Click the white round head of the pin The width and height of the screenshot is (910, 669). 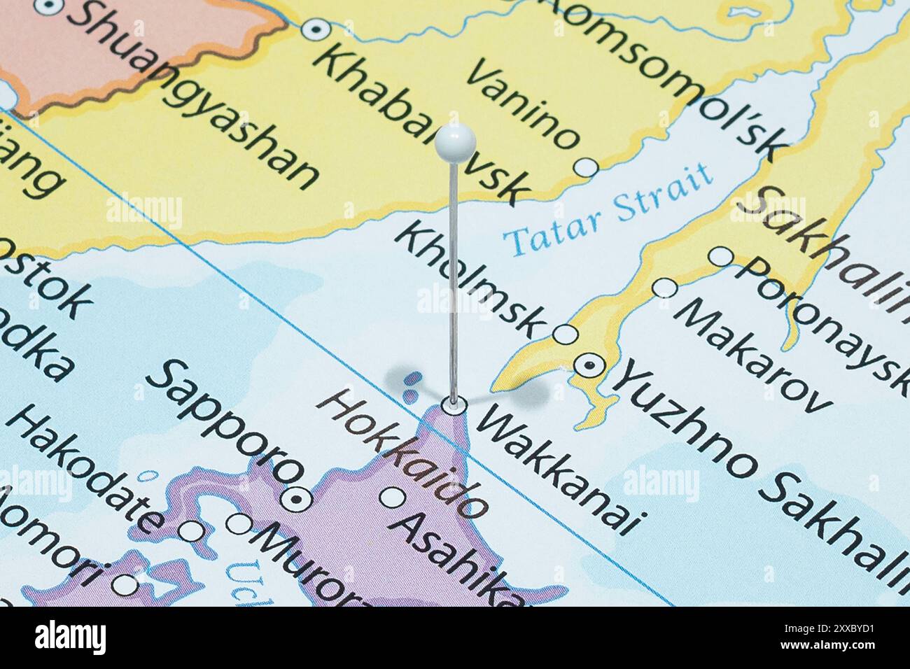coord(455,142)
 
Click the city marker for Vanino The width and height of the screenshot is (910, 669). coord(587,167)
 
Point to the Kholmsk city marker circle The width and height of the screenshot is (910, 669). coord(565,334)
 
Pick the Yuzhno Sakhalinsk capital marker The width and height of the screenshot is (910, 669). coord(587,365)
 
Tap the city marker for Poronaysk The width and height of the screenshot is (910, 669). coord(720,257)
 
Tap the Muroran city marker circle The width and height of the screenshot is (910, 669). coord(240,523)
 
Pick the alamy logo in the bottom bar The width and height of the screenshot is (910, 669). coord(71,637)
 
